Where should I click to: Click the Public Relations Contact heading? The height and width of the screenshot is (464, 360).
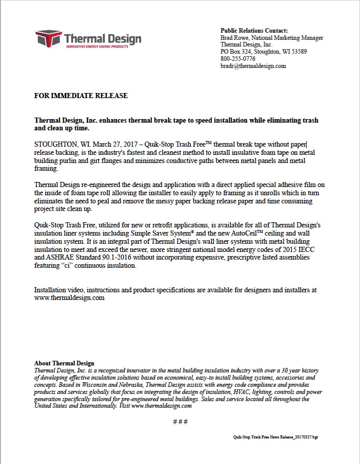coord(254,31)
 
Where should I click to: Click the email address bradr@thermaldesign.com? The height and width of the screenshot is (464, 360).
coord(253,66)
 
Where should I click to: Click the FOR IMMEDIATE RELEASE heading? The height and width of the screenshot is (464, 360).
coord(81,96)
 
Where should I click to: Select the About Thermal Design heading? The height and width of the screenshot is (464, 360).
coord(64,363)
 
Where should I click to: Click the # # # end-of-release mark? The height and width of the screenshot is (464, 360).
coord(180,422)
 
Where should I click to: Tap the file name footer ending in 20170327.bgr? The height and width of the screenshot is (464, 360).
coord(275,437)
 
